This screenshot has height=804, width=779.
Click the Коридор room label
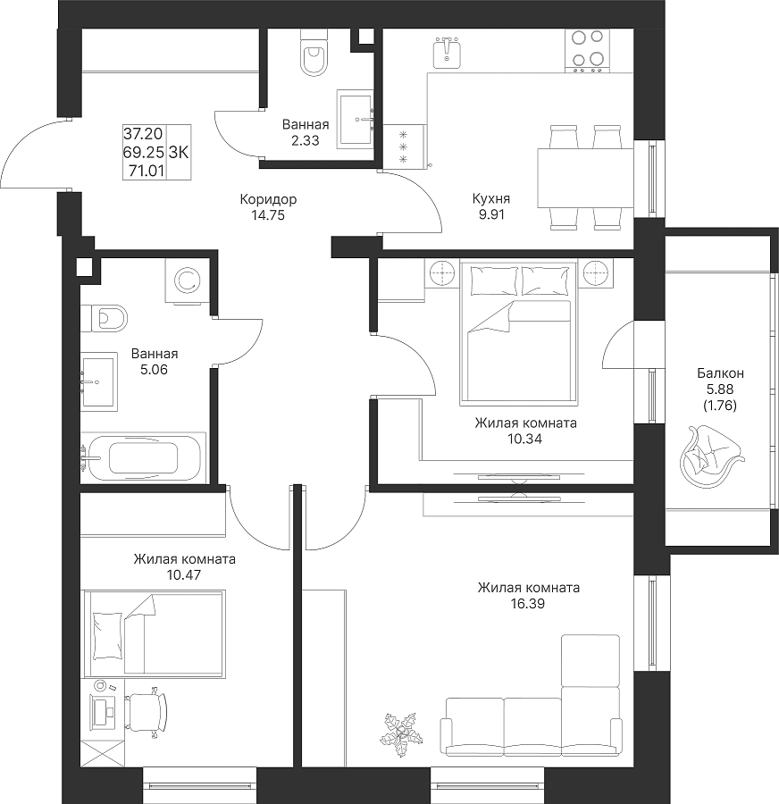pyautogui.click(x=268, y=199)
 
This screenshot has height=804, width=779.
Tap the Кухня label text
pyautogui.click(x=491, y=198)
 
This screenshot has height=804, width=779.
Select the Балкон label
pyautogui.click(x=720, y=373)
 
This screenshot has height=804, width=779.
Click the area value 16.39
pyautogui.click(x=528, y=604)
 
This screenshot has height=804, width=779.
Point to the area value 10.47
pyautogui.click(x=184, y=574)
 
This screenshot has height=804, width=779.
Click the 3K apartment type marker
pyautogui.click(x=179, y=152)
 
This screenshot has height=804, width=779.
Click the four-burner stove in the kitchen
pyautogui.click(x=588, y=50)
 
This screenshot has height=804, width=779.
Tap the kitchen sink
pyautogui.click(x=448, y=53)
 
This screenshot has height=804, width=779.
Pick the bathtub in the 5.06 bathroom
pyautogui.click(x=143, y=457)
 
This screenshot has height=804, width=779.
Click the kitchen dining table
pyautogui.click(x=585, y=178)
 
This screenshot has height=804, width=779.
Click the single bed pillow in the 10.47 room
pyautogui.click(x=108, y=635)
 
